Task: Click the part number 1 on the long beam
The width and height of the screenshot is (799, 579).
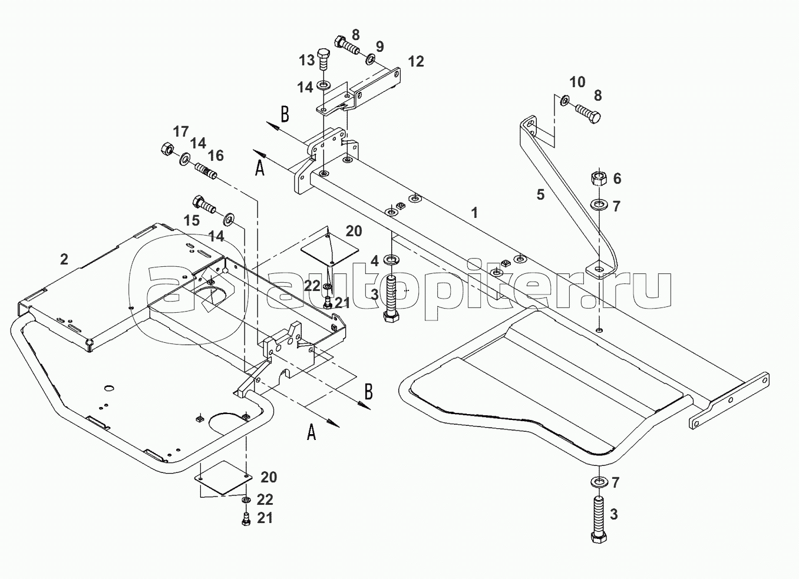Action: pos(475,213)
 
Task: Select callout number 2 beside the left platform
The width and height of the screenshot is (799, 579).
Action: pos(64,259)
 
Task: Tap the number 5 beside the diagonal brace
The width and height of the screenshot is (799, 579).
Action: pos(540,194)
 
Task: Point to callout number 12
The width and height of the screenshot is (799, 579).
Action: pos(415,61)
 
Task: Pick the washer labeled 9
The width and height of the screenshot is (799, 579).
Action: pos(371,59)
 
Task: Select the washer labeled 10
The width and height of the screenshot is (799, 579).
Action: pos(564,101)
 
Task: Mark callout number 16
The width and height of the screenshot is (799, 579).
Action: pos(216,155)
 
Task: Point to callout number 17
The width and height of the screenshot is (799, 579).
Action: pos(180,130)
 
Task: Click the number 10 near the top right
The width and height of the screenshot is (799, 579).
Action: pos(577,82)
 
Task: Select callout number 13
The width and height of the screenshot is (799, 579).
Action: pos(306,60)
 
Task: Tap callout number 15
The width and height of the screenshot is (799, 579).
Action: pos(192,220)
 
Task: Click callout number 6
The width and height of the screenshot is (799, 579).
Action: pos(617,178)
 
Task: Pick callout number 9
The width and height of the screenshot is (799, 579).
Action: pos(379,46)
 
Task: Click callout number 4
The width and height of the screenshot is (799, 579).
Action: pos(374,260)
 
